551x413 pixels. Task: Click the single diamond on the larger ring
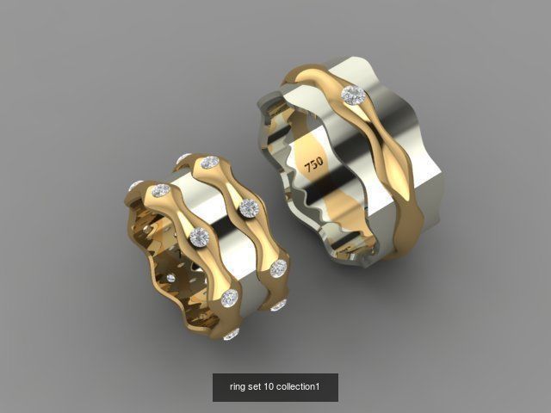point(351,94)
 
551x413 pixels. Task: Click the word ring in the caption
point(238,387)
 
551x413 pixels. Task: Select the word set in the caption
point(257,387)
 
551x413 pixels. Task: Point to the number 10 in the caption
point(273,387)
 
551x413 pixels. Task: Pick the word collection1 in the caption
point(300,387)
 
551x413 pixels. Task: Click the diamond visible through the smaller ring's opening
point(171,278)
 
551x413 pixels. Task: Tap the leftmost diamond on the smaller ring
point(136,186)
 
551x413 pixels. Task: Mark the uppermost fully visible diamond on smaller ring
point(210,163)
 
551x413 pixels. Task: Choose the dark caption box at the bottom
point(275,387)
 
